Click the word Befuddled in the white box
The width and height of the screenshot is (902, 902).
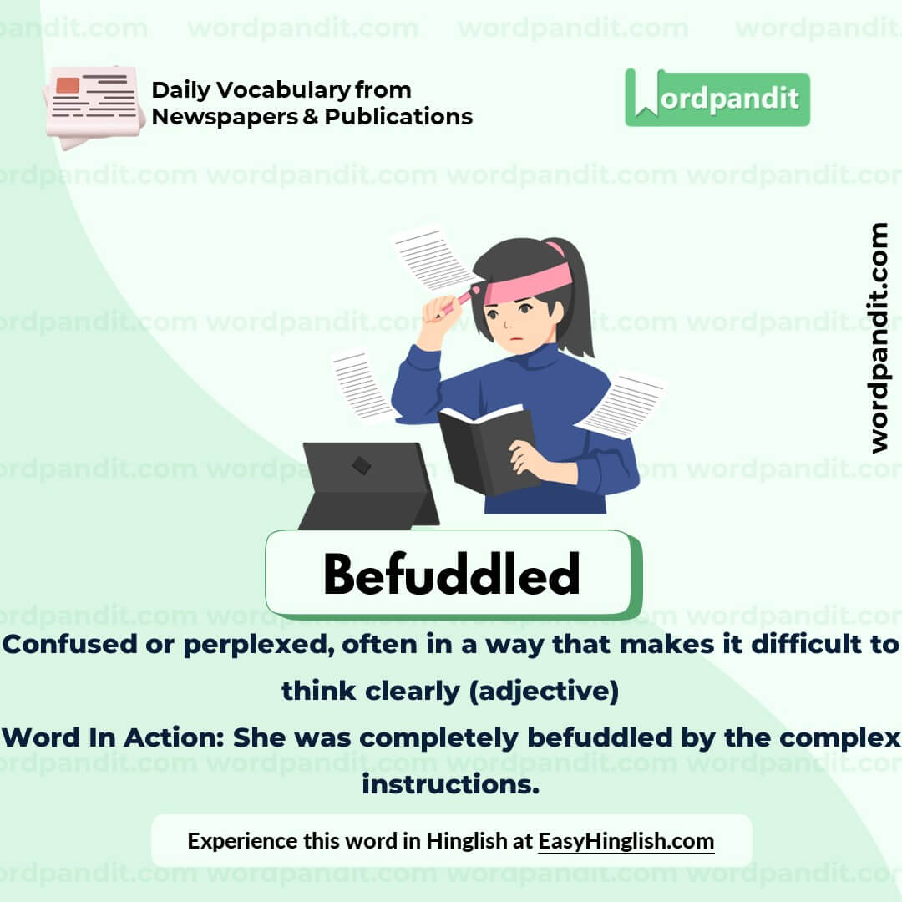coord(451,575)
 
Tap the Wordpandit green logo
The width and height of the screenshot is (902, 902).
coord(717,98)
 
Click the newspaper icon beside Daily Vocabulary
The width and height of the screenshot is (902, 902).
coord(93,105)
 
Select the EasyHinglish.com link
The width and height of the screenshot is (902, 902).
coord(626,840)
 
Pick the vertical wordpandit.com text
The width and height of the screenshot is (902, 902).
coord(879,337)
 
